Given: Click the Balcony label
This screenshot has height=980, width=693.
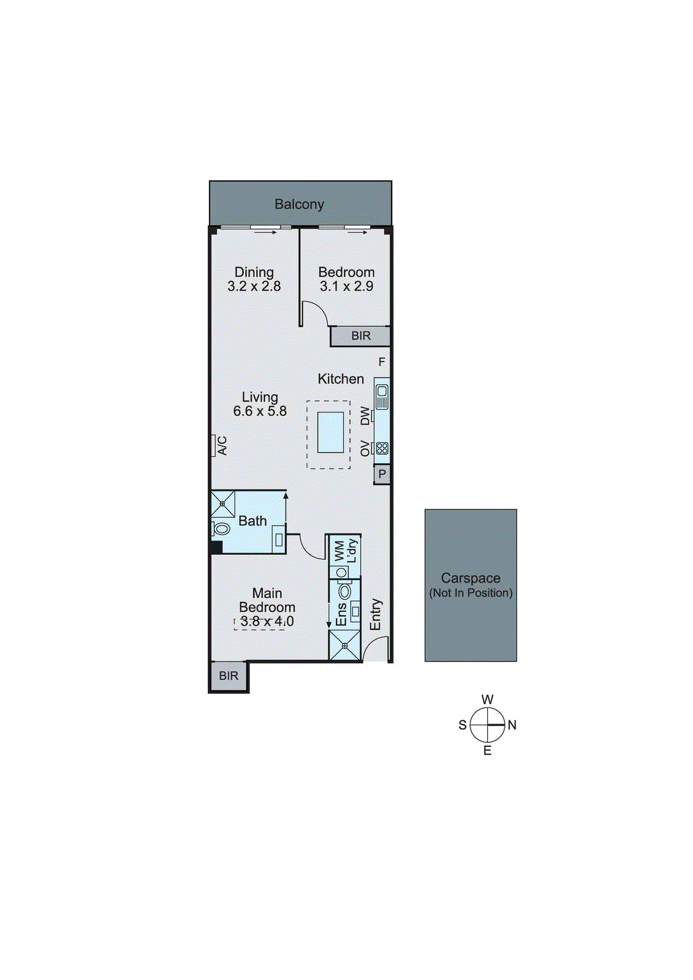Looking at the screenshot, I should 299,205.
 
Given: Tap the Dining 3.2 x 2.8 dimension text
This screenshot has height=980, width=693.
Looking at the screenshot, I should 254,286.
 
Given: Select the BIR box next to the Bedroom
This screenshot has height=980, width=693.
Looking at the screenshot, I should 360,336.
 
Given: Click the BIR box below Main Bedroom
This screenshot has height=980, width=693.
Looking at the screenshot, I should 229,676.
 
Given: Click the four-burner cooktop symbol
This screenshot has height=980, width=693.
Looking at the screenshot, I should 382,448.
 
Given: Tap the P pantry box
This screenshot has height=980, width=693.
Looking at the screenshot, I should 382,474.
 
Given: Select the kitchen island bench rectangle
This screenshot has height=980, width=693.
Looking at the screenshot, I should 330,432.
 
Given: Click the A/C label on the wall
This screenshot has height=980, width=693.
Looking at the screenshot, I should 222,445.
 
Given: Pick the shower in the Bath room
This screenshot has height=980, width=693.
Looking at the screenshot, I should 222,503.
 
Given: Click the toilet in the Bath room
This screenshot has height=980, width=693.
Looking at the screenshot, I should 221,528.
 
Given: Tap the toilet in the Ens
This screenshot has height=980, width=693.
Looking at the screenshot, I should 345,591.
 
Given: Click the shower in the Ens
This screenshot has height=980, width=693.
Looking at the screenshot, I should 344,646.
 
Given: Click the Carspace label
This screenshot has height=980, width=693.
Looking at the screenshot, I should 471,578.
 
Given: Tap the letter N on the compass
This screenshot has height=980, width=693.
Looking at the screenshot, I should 512,725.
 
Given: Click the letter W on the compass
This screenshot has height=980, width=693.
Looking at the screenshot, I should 487,699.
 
